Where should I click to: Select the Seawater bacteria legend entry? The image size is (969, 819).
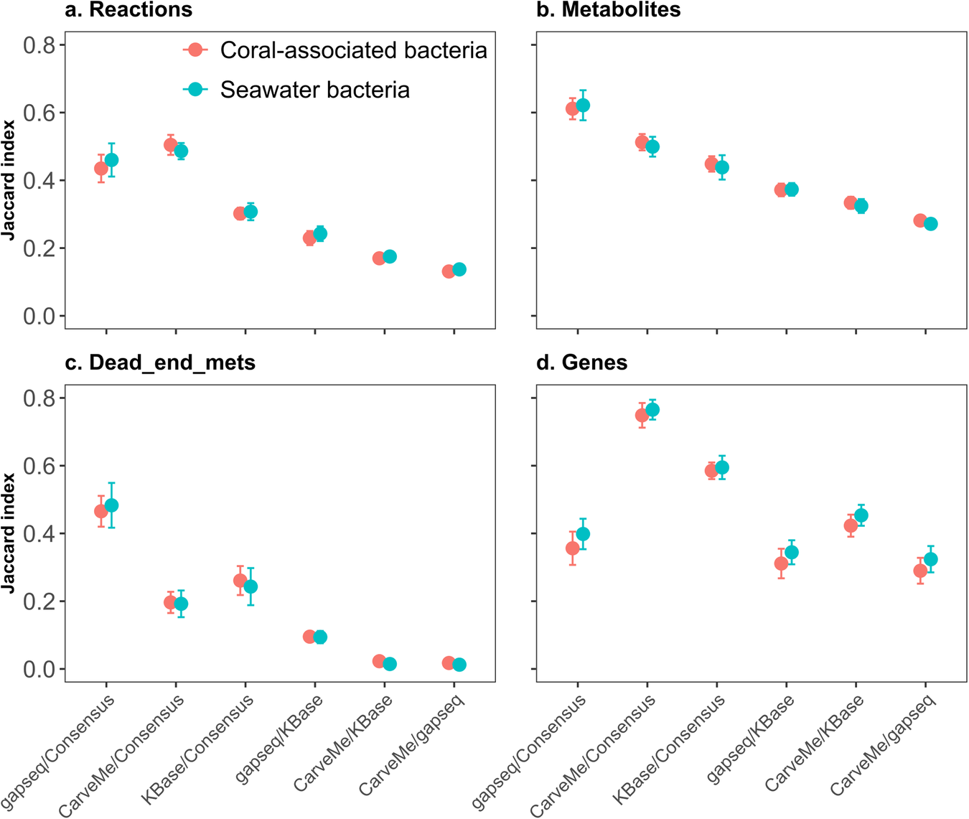[298, 90]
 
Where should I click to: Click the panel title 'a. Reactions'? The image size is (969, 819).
[129, 10]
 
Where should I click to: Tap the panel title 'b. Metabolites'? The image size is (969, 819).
[609, 10]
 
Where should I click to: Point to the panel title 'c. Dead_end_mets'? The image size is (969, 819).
[160, 362]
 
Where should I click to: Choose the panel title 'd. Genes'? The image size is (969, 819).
[582, 362]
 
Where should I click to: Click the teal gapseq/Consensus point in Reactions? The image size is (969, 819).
[111, 160]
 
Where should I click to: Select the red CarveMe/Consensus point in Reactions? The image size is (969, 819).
[171, 145]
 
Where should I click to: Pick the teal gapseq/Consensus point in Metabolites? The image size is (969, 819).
[583, 106]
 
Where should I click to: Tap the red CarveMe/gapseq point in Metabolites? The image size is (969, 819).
[920, 220]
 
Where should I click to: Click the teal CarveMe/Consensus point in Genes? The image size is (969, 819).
[652, 410]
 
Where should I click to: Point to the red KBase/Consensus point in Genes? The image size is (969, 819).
[711, 471]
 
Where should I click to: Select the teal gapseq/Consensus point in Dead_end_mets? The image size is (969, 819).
[111, 505]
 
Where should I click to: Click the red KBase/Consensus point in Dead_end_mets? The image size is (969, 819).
[240, 581]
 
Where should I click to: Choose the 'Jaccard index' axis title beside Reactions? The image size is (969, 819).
[9, 179]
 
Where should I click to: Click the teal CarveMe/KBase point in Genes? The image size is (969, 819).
[861, 515]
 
